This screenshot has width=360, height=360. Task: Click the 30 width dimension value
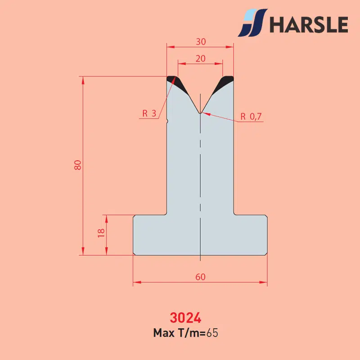pos(201,42)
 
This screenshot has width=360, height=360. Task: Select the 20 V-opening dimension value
pos(200,59)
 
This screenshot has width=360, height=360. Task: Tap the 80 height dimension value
pos(78,165)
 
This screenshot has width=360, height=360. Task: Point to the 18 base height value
pos(101,233)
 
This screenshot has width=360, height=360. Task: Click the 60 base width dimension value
pos(200,277)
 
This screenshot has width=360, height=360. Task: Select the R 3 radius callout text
pos(149,113)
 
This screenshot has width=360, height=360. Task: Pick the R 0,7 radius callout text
pos(251,117)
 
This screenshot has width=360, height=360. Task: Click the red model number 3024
pos(185,318)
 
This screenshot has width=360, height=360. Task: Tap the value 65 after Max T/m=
pos(212,333)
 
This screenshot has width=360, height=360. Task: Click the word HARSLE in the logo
pos(309,24)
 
